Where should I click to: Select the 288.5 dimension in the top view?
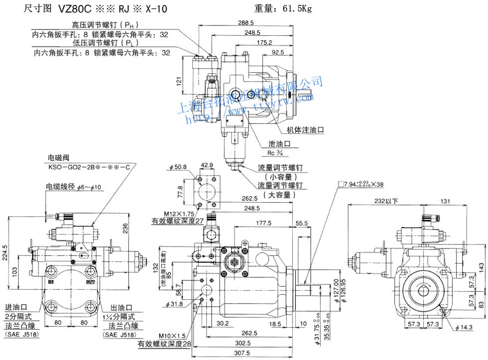[x=245, y=23]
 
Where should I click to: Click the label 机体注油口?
[x=306, y=129]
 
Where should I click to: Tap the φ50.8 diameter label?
[x=178, y=167]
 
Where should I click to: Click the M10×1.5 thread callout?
[x=173, y=335]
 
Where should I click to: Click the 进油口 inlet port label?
[x=17, y=307]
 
